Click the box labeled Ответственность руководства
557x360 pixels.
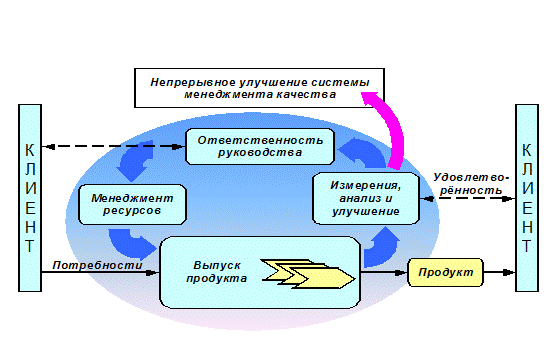coord(260,146)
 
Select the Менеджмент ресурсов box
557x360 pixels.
coord(132,204)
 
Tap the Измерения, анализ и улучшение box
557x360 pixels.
coord(366,198)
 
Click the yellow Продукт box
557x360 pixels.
coord(445,273)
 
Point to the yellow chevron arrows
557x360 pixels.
coord(308,274)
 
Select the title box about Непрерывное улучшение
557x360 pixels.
coord(259,88)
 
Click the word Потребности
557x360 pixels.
coord(97,265)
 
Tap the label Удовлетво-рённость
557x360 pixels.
coord(471,184)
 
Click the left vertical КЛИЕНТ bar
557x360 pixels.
coord(30,198)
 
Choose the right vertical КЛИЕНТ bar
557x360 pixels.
coord(527,198)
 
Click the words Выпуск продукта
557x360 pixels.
coord(216,272)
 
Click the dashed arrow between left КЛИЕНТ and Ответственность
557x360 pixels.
coord(114,146)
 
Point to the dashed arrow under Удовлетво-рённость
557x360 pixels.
coord(467,199)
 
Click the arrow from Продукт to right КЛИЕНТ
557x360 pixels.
coord(499,273)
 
